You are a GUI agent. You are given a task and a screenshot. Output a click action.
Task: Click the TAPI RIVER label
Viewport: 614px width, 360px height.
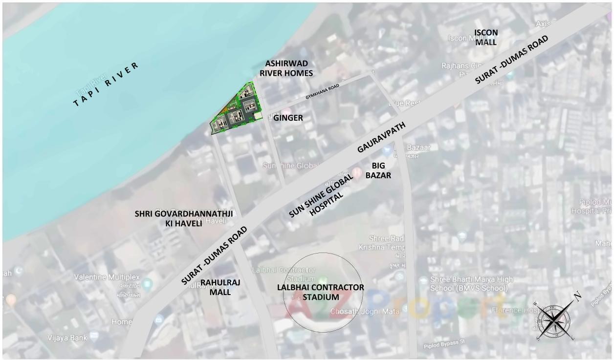(106, 85)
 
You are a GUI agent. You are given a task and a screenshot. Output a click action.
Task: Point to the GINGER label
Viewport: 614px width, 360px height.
(288, 118)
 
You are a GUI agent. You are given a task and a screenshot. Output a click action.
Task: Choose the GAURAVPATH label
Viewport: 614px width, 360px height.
(381, 138)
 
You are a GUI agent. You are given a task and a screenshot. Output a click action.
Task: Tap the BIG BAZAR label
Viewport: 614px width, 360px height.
(378, 170)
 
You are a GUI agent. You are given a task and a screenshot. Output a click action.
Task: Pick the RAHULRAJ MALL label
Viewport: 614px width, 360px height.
(220, 287)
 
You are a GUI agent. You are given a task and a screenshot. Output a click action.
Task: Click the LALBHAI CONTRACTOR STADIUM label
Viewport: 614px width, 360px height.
(320, 292)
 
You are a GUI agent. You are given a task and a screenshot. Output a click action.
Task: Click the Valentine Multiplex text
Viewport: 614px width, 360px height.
(107, 277)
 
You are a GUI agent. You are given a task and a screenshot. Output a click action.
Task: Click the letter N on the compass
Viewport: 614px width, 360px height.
(577, 295)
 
